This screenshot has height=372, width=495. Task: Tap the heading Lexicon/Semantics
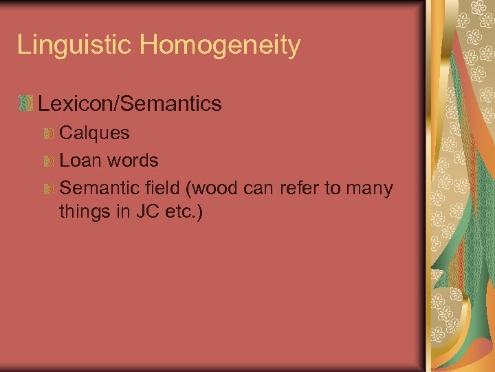tap(130, 104)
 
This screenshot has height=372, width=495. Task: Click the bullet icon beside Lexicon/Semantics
tap(25, 104)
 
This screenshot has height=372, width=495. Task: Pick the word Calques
tap(94, 133)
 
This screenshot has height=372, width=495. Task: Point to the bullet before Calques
tap(49, 133)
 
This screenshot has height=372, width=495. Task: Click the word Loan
tap(78, 161)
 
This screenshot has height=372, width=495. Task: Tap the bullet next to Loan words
tap(49, 161)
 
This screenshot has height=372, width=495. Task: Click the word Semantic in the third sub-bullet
tap(98, 188)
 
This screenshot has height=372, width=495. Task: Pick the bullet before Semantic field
tap(49, 189)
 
